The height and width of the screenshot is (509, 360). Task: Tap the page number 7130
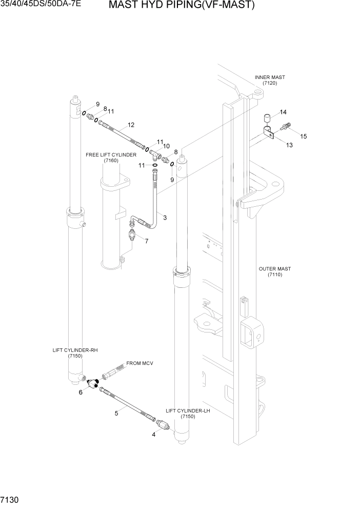tap(11, 499)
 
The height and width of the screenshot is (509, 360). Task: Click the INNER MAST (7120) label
tap(270, 80)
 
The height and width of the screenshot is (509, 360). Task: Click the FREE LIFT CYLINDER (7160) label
tap(111, 158)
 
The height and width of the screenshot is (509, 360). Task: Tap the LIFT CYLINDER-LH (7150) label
tap(188, 414)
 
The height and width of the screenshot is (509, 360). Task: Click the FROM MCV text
tap(140, 363)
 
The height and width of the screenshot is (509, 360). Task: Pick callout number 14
tap(283, 112)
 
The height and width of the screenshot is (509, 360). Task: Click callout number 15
tap(303, 136)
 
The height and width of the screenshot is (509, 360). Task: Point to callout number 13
tap(289, 145)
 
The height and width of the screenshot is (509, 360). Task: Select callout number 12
tap(131, 125)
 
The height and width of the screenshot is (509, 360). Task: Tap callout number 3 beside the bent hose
tap(165, 218)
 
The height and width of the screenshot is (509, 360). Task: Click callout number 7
tap(147, 241)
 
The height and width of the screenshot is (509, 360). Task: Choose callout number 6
tap(81, 393)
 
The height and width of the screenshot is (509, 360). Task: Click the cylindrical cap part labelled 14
tap(267, 120)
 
